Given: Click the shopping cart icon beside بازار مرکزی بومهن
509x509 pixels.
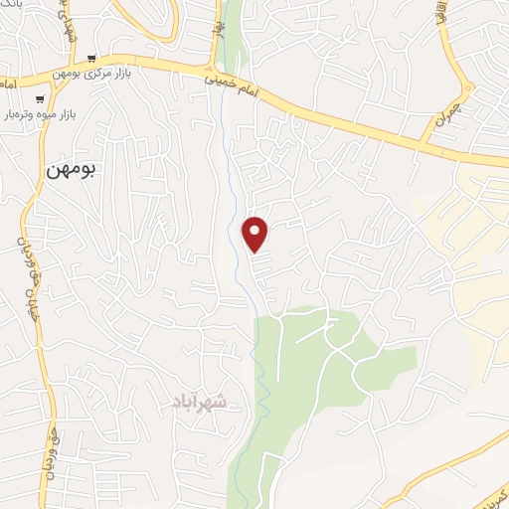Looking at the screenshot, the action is (91, 59).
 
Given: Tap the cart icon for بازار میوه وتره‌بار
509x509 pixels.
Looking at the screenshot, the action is (39, 98).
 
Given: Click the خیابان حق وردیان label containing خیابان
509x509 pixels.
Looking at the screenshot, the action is (20, 263).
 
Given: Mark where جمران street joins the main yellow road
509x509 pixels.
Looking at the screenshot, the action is (429, 146).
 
